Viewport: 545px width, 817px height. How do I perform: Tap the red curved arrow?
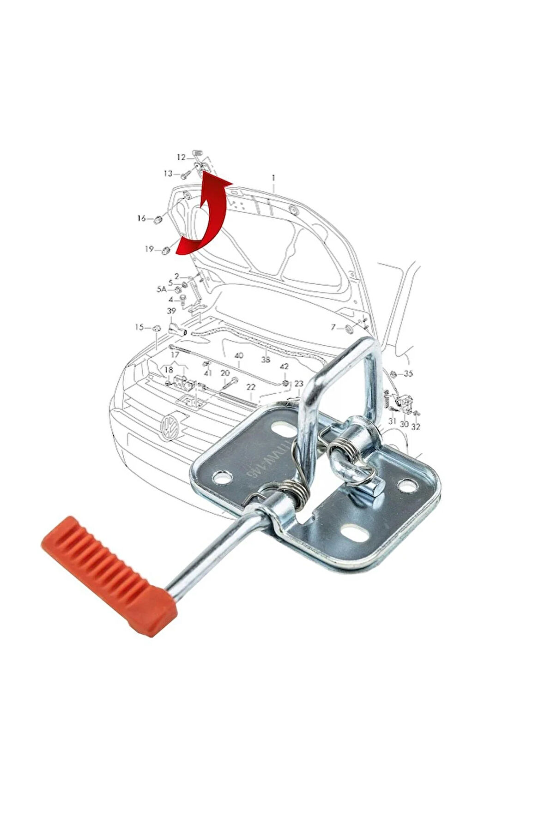[x=204, y=217]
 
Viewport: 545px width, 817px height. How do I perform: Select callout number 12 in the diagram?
[x=181, y=157]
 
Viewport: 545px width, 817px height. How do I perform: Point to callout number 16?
[x=141, y=218]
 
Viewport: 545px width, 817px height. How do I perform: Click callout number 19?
[x=149, y=249]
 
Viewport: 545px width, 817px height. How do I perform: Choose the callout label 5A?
[x=161, y=289]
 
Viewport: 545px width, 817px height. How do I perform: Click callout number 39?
[x=171, y=311]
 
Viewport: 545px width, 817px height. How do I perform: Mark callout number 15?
[x=139, y=327]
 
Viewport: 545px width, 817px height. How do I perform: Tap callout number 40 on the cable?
[x=238, y=356]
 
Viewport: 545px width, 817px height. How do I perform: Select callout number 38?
[x=265, y=359]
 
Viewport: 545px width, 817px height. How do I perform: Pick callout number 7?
[x=333, y=328]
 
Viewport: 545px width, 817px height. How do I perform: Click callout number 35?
[x=408, y=373]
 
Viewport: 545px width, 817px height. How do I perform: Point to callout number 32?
[x=416, y=427]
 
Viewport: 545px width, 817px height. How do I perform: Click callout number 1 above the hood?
[x=273, y=177]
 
